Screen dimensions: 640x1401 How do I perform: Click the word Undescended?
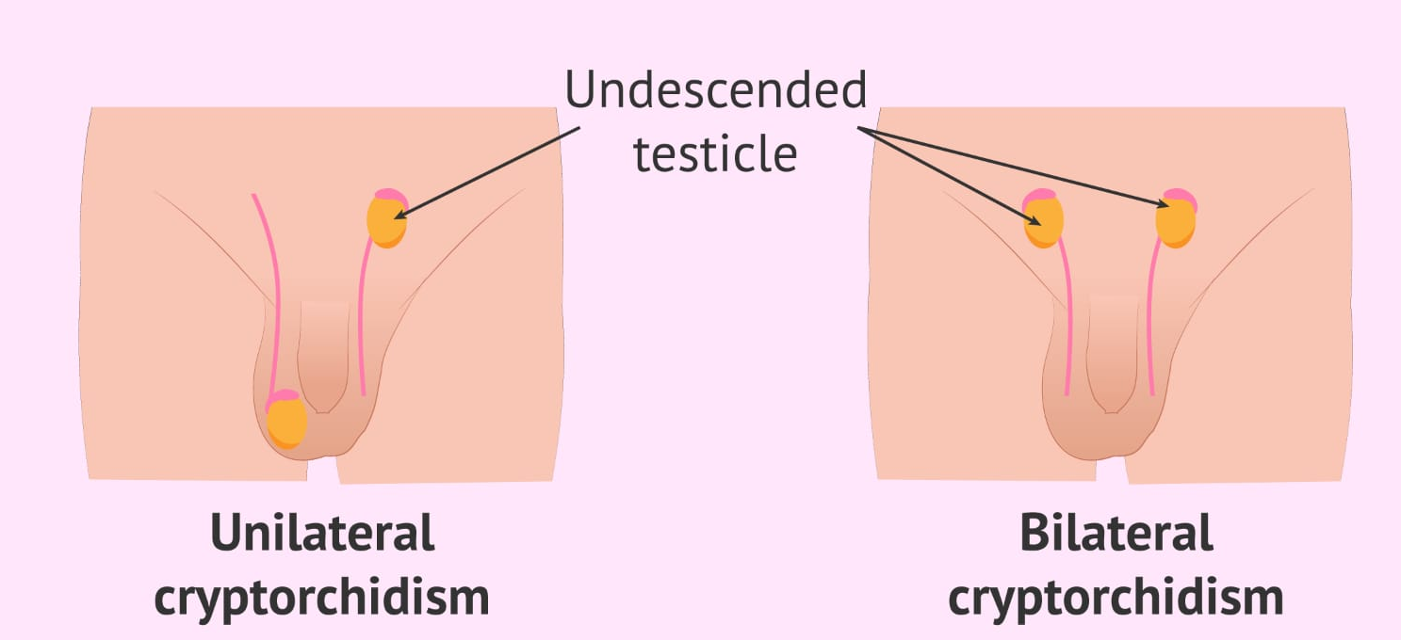[715, 92]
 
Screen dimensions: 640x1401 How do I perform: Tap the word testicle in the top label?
[715, 152]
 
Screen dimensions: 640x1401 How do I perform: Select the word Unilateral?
[322, 533]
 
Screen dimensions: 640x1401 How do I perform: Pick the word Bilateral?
[1116, 533]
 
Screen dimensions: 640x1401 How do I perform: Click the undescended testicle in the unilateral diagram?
[385, 220]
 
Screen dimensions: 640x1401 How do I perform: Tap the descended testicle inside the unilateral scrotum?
[287, 424]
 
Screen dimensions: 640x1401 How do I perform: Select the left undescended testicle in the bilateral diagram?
[1043, 222]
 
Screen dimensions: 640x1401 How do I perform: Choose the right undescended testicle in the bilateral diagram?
[1176, 222]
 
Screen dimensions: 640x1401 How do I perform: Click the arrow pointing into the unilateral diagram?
[490, 172]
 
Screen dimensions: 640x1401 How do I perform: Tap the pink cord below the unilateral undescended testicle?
[363, 320]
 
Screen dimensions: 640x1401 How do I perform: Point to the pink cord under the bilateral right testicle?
[1151, 320]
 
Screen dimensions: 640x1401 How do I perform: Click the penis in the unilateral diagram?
[323, 358]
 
